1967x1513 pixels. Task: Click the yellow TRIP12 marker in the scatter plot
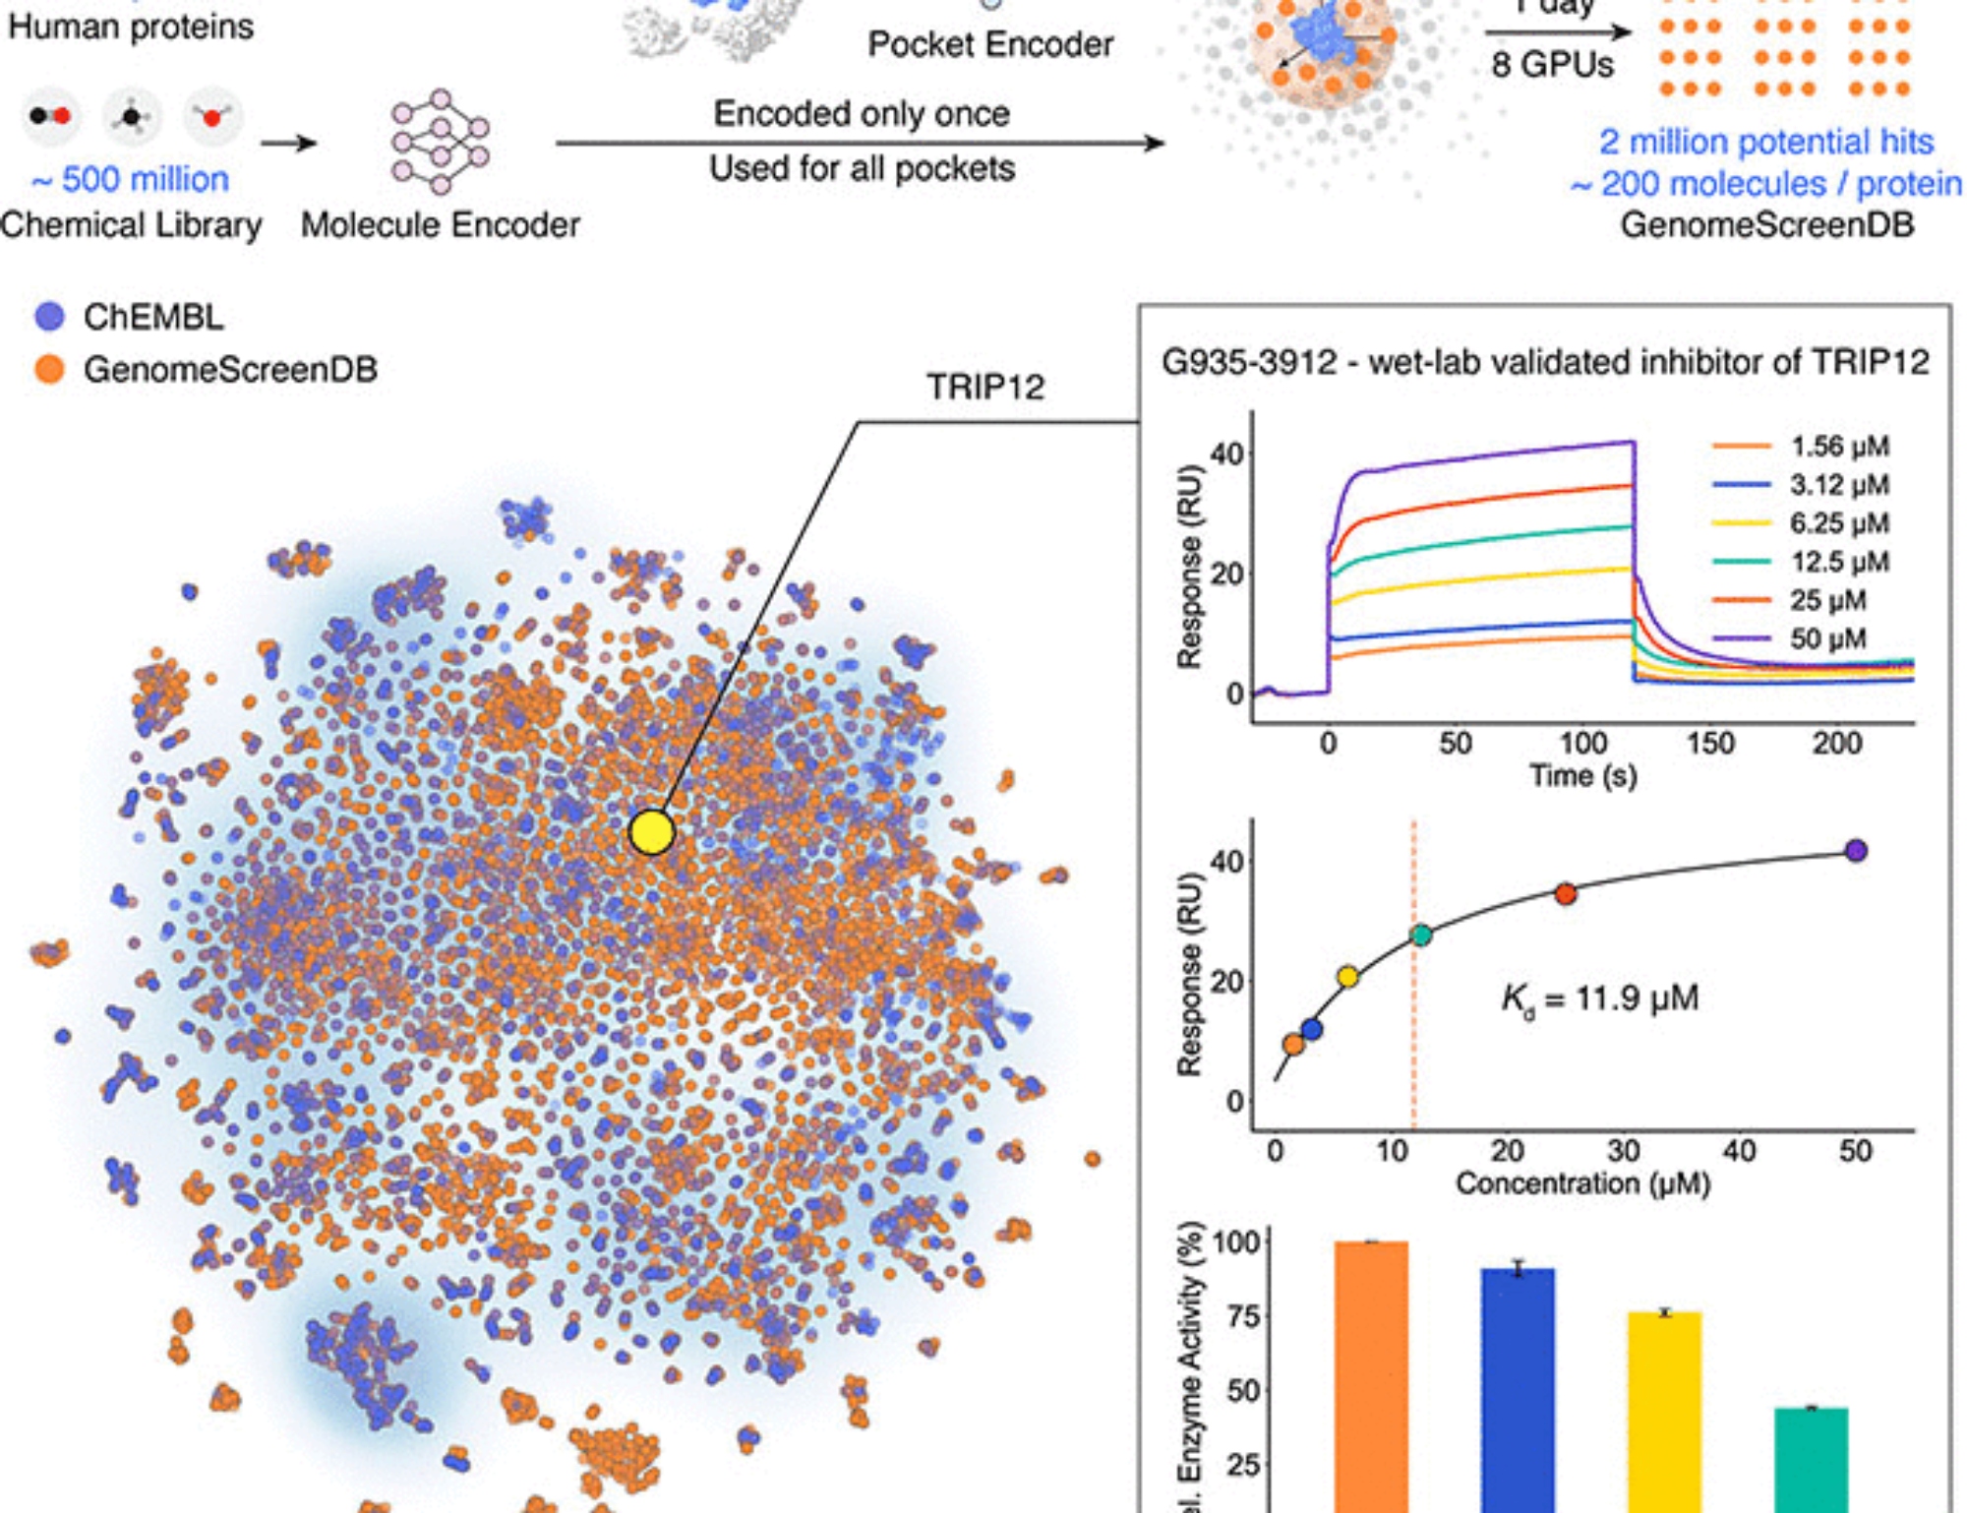click(x=651, y=832)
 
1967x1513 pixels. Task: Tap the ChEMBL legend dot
click(x=49, y=316)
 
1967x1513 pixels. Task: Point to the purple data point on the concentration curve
click(x=1856, y=851)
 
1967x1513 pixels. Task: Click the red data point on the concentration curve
click(x=1566, y=893)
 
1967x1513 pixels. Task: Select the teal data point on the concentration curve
click(x=1421, y=935)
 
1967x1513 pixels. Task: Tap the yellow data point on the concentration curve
click(x=1348, y=977)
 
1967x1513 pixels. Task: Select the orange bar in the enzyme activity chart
click(x=1371, y=1377)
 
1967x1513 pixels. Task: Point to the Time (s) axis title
click(x=1582, y=776)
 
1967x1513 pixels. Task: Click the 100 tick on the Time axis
click(x=1582, y=743)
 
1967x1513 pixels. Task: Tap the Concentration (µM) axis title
click(x=1582, y=1182)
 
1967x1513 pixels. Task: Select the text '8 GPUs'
click(x=1552, y=65)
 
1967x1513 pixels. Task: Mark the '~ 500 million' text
click(x=130, y=180)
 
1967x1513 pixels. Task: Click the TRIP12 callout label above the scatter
click(x=985, y=387)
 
